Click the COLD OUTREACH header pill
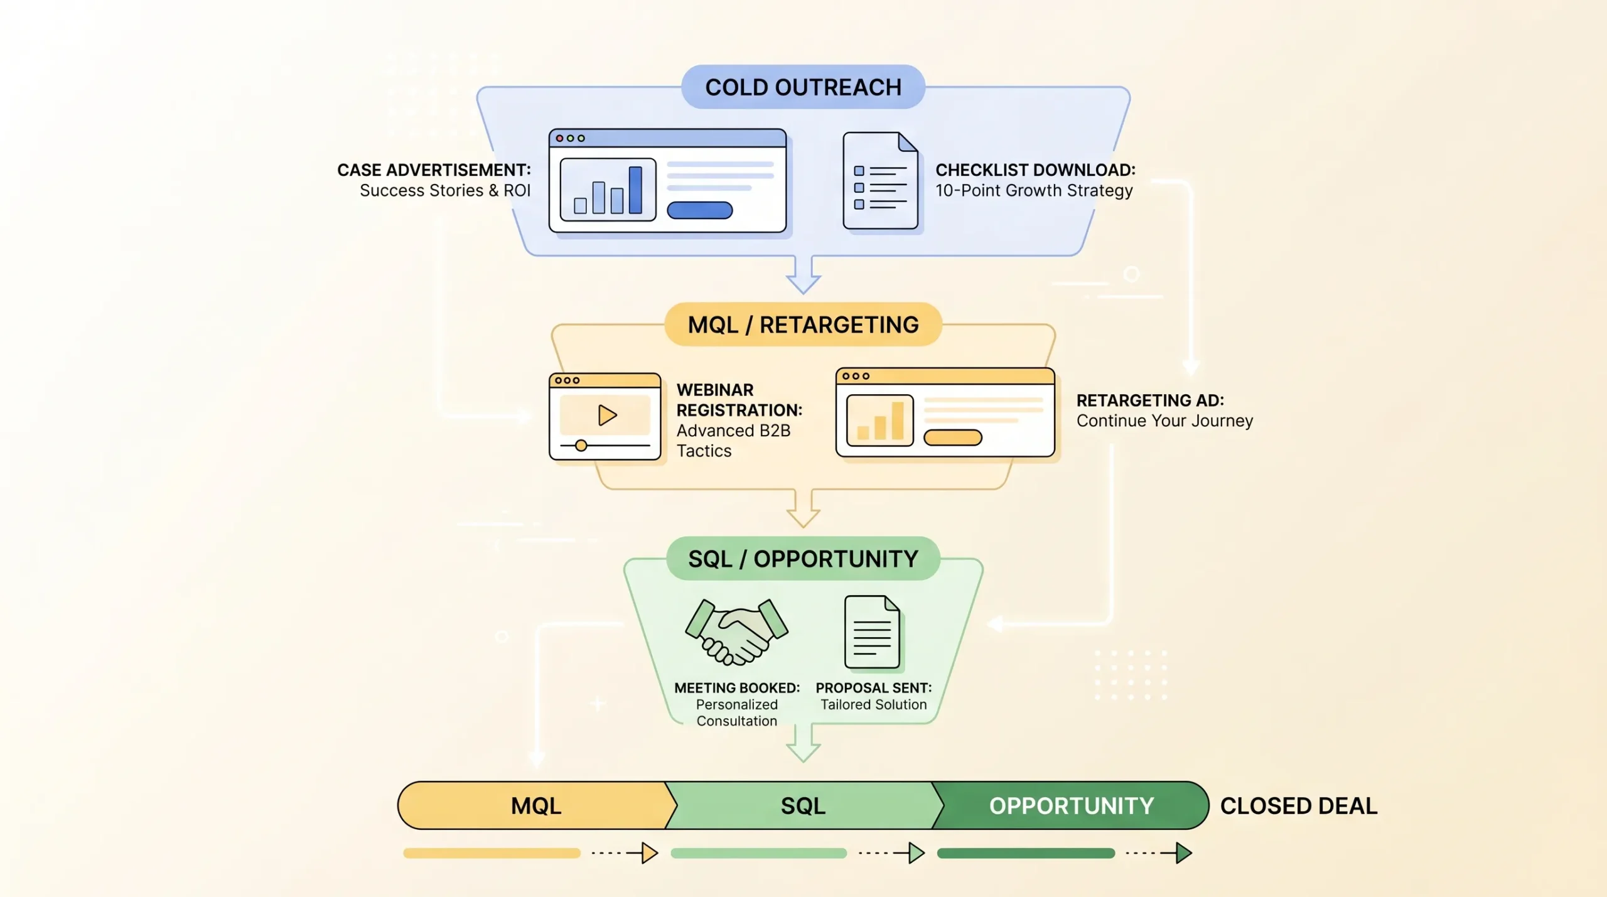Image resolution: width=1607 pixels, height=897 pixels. (803, 87)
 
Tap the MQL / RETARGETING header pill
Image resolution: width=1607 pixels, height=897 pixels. (803, 325)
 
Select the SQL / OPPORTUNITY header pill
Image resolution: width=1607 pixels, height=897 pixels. (803, 559)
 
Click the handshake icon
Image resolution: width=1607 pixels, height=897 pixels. (736, 631)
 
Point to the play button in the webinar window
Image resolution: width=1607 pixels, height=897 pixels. (606, 415)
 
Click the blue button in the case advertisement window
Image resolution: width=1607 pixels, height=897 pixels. (699, 210)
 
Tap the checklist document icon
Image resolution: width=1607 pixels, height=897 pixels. (880, 181)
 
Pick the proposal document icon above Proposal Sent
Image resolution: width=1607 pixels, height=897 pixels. (872, 632)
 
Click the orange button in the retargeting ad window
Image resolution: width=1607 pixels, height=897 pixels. (952, 438)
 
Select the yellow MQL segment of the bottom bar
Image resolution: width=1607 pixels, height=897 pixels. (535, 805)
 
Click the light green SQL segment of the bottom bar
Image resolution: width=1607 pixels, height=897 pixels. (803, 805)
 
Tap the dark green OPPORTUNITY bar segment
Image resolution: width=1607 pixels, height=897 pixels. (1071, 805)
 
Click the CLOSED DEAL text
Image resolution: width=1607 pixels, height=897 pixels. (1298, 805)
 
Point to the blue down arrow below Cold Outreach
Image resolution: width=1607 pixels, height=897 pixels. (803, 276)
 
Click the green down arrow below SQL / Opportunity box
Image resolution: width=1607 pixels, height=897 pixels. (803, 744)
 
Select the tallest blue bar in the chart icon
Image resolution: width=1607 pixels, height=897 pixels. (635, 190)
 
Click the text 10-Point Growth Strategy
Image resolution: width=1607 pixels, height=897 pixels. (1034, 190)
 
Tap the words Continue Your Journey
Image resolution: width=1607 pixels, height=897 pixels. (1164, 421)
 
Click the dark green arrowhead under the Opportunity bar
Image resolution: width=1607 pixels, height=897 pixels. (1183, 853)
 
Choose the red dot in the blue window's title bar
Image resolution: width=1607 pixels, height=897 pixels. (559, 138)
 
